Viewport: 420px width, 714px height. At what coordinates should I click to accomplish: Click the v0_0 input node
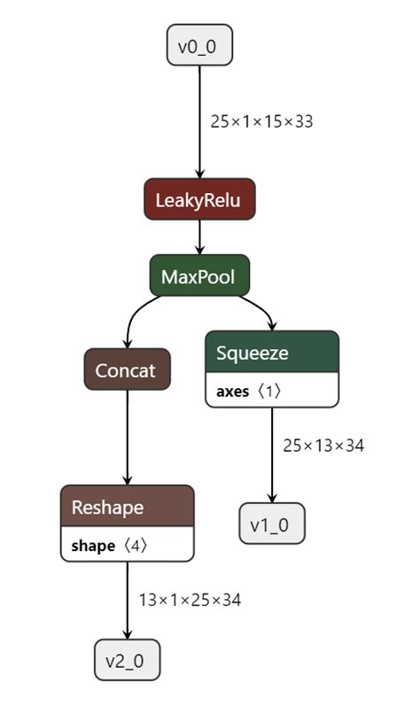click(199, 46)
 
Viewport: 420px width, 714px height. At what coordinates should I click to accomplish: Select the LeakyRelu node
click(199, 199)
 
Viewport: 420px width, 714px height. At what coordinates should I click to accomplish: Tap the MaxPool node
click(199, 276)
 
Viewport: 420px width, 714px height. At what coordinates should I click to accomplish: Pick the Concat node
click(127, 370)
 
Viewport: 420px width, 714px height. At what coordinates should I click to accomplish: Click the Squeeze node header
click(271, 353)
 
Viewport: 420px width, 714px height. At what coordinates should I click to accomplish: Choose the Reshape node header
click(127, 507)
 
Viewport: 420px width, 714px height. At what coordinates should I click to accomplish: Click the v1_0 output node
click(271, 524)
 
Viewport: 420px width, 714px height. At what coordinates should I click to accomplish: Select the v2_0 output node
click(127, 660)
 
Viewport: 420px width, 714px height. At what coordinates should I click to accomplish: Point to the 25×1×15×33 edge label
click(261, 121)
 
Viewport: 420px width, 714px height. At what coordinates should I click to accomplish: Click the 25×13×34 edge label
click(323, 445)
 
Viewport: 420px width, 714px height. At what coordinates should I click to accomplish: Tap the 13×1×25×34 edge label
click(190, 600)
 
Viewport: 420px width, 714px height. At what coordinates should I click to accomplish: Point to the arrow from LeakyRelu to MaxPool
click(199, 237)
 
